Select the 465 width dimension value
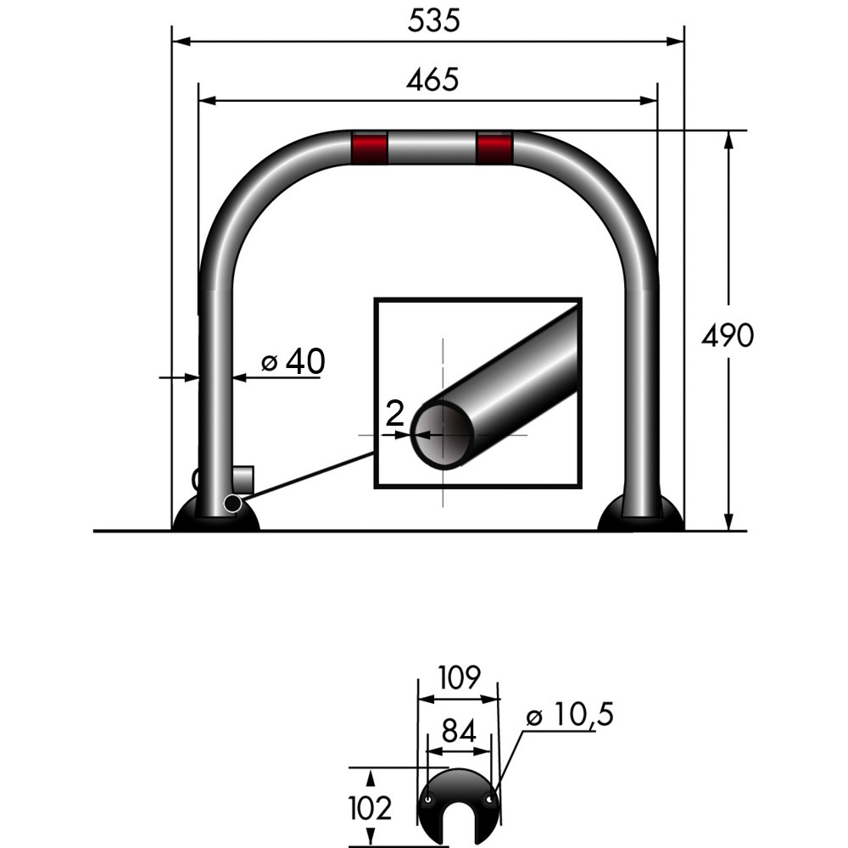pyautogui.click(x=432, y=80)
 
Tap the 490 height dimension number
pyautogui.click(x=727, y=337)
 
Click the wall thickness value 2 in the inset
pyautogui.click(x=393, y=414)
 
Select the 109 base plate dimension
pyautogui.click(x=459, y=678)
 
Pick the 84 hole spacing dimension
pyautogui.click(x=458, y=730)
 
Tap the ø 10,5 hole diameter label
pyautogui.click(x=569, y=716)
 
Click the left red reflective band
pyautogui.click(x=370, y=148)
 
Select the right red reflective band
pyautogui.click(x=494, y=148)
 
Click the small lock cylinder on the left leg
pyautogui.click(x=243, y=478)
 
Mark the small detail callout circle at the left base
pyautogui.click(x=231, y=505)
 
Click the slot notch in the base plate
pyautogui.click(x=459, y=827)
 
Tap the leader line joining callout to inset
pyautogui.click(x=305, y=478)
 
